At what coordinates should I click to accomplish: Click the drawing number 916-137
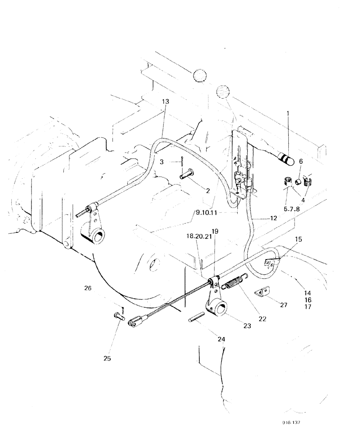[291, 423]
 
